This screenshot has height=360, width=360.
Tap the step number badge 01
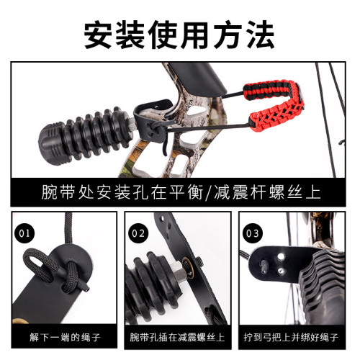pos(25,233)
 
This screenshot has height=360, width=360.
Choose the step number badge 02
pos(139,233)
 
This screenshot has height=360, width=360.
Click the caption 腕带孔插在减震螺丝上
pos(177,336)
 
